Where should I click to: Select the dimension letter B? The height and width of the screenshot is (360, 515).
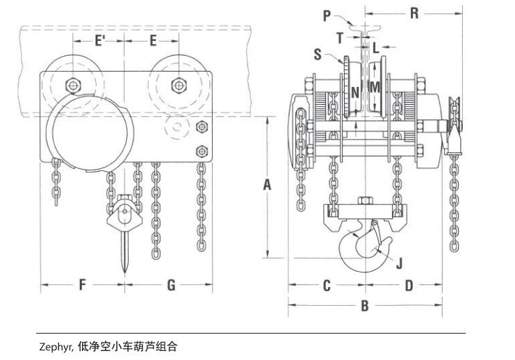(364, 305)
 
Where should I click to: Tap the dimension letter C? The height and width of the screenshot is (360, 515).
(326, 285)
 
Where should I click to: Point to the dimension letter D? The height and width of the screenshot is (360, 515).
(409, 285)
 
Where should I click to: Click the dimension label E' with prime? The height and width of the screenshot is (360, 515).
(99, 40)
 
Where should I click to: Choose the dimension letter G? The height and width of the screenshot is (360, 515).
(171, 285)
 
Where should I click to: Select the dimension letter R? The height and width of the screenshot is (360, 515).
(414, 13)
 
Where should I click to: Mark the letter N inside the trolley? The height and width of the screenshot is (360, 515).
(354, 91)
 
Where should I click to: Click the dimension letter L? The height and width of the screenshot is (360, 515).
(375, 47)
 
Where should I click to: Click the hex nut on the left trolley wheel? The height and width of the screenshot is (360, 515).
(72, 85)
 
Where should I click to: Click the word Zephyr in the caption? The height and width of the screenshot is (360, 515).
(55, 345)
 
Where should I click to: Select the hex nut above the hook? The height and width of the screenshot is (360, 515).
(363, 202)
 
